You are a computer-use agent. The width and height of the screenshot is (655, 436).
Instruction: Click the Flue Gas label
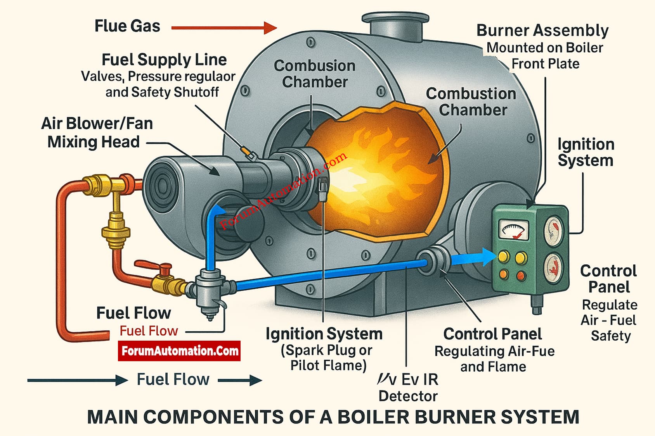[127, 26]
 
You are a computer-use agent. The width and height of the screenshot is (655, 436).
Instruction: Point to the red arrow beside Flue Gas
[224, 28]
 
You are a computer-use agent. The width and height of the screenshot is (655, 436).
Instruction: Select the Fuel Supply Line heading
[164, 60]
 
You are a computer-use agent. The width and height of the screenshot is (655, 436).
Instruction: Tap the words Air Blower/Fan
[97, 124]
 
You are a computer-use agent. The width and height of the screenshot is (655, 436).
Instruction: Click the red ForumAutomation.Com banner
[179, 351]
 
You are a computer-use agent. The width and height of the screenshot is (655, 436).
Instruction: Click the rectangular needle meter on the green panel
[513, 229]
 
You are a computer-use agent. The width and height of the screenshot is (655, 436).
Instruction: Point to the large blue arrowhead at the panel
[488, 257]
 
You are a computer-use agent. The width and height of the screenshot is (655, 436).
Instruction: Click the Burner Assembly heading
[542, 31]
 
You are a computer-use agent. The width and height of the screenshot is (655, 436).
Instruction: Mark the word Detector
[408, 396]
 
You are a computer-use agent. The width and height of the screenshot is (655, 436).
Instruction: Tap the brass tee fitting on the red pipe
[100, 184]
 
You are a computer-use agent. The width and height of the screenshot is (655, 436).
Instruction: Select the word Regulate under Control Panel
[609, 305]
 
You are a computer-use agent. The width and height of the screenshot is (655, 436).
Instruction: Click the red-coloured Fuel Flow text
[149, 331]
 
